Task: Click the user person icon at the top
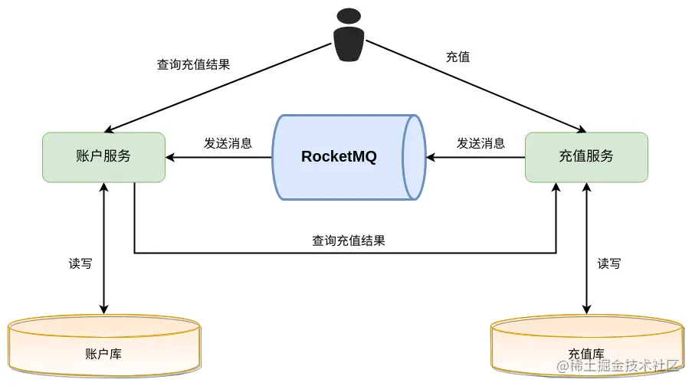point(349,36)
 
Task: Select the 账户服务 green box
point(103,157)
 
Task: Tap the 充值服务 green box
point(586,157)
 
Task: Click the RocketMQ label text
point(339,157)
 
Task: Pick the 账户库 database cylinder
point(103,348)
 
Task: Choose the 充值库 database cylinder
point(586,348)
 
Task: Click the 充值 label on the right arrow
point(458,57)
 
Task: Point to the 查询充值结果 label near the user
point(193,64)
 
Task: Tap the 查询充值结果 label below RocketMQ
point(348,240)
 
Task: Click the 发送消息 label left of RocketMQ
point(228,143)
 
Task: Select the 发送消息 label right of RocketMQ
point(480,143)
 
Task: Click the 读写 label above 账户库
point(80,263)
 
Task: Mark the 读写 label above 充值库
point(609,263)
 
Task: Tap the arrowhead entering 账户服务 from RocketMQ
point(171,158)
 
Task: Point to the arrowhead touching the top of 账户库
point(103,309)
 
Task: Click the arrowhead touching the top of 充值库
point(586,309)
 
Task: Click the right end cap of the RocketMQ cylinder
point(415,157)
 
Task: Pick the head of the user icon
point(349,16)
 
